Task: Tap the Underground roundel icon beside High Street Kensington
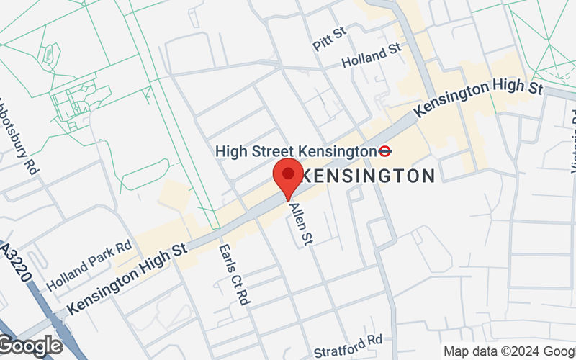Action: click(x=385, y=151)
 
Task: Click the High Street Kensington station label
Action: click(x=297, y=151)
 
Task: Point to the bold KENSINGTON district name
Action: click(x=366, y=176)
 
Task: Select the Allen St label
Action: click(x=300, y=223)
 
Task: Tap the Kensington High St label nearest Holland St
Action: click(x=478, y=99)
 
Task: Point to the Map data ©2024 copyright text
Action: click(x=508, y=351)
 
